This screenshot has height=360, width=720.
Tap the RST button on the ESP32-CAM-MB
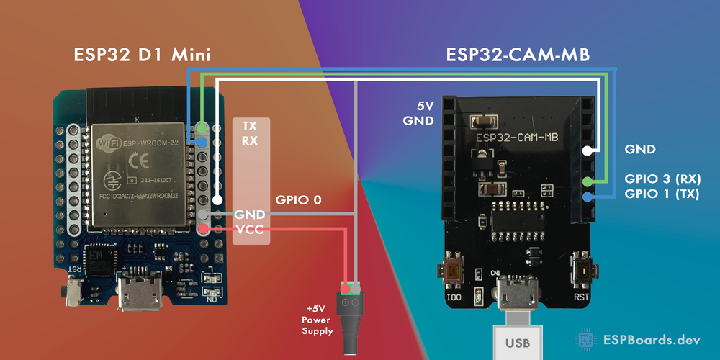[x=582, y=272]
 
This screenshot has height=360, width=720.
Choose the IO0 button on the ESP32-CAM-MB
[x=454, y=272]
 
